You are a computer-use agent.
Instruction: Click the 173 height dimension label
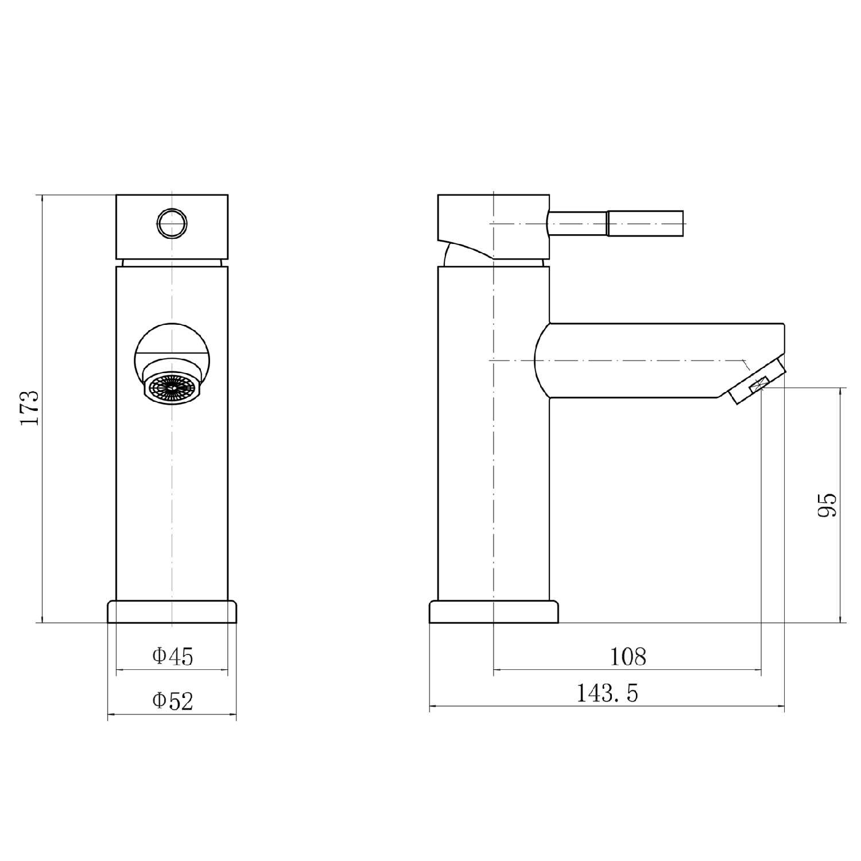(x=30, y=408)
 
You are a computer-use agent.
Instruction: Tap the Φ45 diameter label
(x=173, y=656)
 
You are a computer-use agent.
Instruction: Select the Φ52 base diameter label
(x=173, y=701)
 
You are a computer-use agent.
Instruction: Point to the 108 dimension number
(x=628, y=656)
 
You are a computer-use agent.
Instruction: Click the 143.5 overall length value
(x=607, y=693)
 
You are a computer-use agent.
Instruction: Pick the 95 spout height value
(x=828, y=505)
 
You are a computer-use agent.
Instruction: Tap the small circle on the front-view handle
(x=172, y=223)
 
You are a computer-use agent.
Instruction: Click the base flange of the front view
(x=172, y=612)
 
